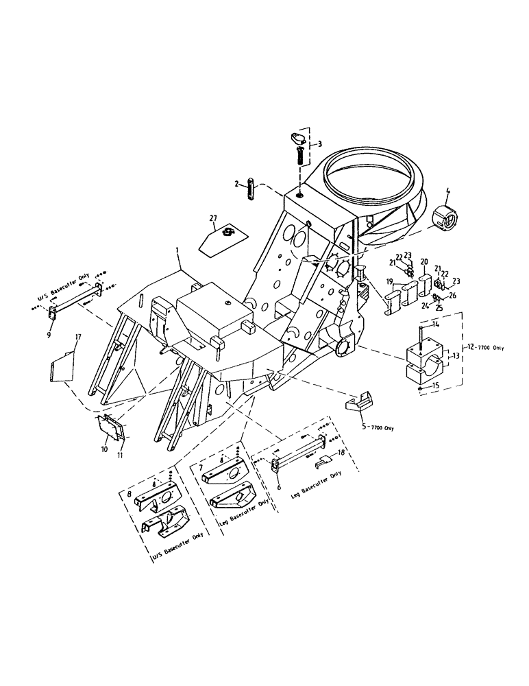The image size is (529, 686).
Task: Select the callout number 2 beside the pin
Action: tap(236, 184)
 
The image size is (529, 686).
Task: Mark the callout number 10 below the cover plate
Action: tap(104, 449)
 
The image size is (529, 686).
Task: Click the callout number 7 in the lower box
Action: tap(201, 467)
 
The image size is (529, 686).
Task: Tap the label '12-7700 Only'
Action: tap(484, 348)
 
